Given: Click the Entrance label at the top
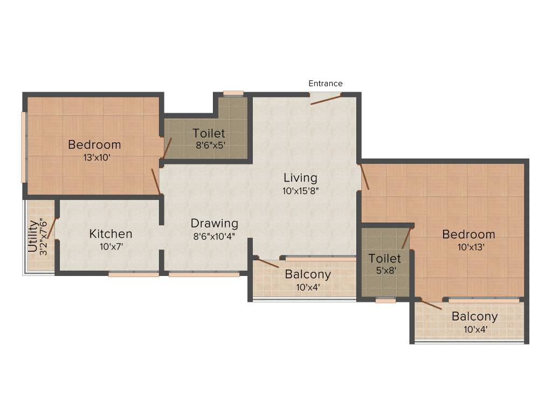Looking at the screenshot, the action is click(x=325, y=84).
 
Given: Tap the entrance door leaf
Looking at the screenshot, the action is click(x=326, y=99).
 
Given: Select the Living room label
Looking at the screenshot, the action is click(x=300, y=178).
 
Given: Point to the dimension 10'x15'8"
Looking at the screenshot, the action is click(x=300, y=191).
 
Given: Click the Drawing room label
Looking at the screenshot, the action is click(x=215, y=224).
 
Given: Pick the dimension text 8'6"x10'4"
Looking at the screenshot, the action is click(x=214, y=236).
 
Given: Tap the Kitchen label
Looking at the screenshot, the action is click(x=111, y=234).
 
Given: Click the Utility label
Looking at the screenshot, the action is click(x=33, y=236).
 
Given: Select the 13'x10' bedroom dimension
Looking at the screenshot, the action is click(x=97, y=157).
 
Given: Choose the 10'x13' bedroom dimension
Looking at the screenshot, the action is click(x=471, y=247).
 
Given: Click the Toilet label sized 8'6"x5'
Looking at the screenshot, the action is click(x=209, y=134).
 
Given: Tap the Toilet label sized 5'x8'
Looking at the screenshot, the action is click(x=384, y=259).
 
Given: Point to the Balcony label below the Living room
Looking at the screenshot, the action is click(x=308, y=274).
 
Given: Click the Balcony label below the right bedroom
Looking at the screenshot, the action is click(x=474, y=316).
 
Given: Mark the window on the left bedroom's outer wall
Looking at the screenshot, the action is click(x=24, y=147).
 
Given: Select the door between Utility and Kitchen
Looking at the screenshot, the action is click(x=52, y=229).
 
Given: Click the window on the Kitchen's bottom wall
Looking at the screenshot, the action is click(x=134, y=274).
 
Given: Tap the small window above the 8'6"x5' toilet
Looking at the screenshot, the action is click(x=233, y=94).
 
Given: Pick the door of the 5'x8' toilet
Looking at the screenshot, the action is click(x=406, y=238).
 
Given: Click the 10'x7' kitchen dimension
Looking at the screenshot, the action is click(x=111, y=246).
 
